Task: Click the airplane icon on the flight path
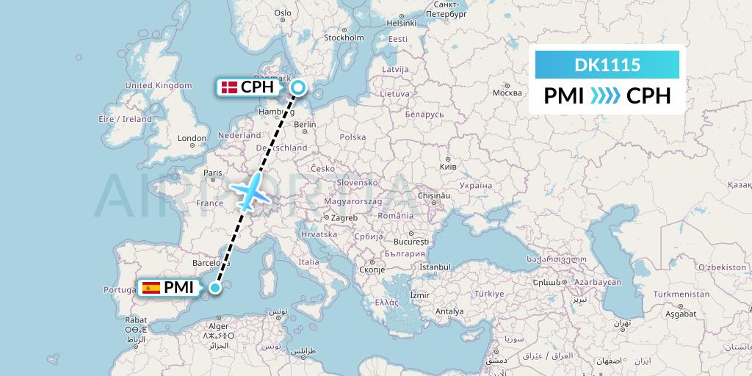click(x=250, y=192)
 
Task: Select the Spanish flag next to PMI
click(x=151, y=288)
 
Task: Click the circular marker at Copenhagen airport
click(x=298, y=88)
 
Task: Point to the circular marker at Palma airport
click(x=214, y=288)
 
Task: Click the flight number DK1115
click(x=607, y=65)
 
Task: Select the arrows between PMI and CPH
click(x=605, y=96)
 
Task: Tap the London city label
click(x=192, y=138)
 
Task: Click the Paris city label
click(x=213, y=173)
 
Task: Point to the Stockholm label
click(x=344, y=37)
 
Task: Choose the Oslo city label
click(x=283, y=12)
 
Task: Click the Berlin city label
click(x=304, y=125)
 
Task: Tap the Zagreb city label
click(x=344, y=217)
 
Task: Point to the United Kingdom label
click(x=158, y=85)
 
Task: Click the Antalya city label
click(x=449, y=311)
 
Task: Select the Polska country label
click(x=352, y=137)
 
